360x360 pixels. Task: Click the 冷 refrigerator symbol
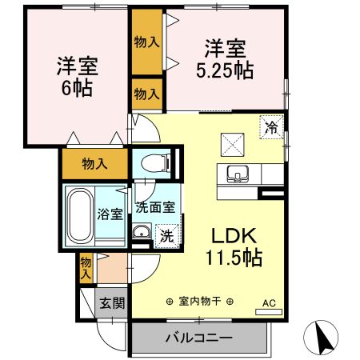(x=271, y=126)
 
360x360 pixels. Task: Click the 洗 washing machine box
(x=166, y=235)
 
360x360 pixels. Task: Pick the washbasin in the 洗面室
(x=140, y=233)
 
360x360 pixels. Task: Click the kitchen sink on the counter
(x=238, y=173)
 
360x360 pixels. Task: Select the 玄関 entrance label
(x=111, y=302)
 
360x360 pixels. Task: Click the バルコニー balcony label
(x=199, y=338)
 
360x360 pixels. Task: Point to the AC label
(x=270, y=302)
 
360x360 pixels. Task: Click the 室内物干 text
(x=199, y=302)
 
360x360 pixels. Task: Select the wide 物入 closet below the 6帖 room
(x=94, y=163)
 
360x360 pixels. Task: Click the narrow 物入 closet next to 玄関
(x=86, y=266)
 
